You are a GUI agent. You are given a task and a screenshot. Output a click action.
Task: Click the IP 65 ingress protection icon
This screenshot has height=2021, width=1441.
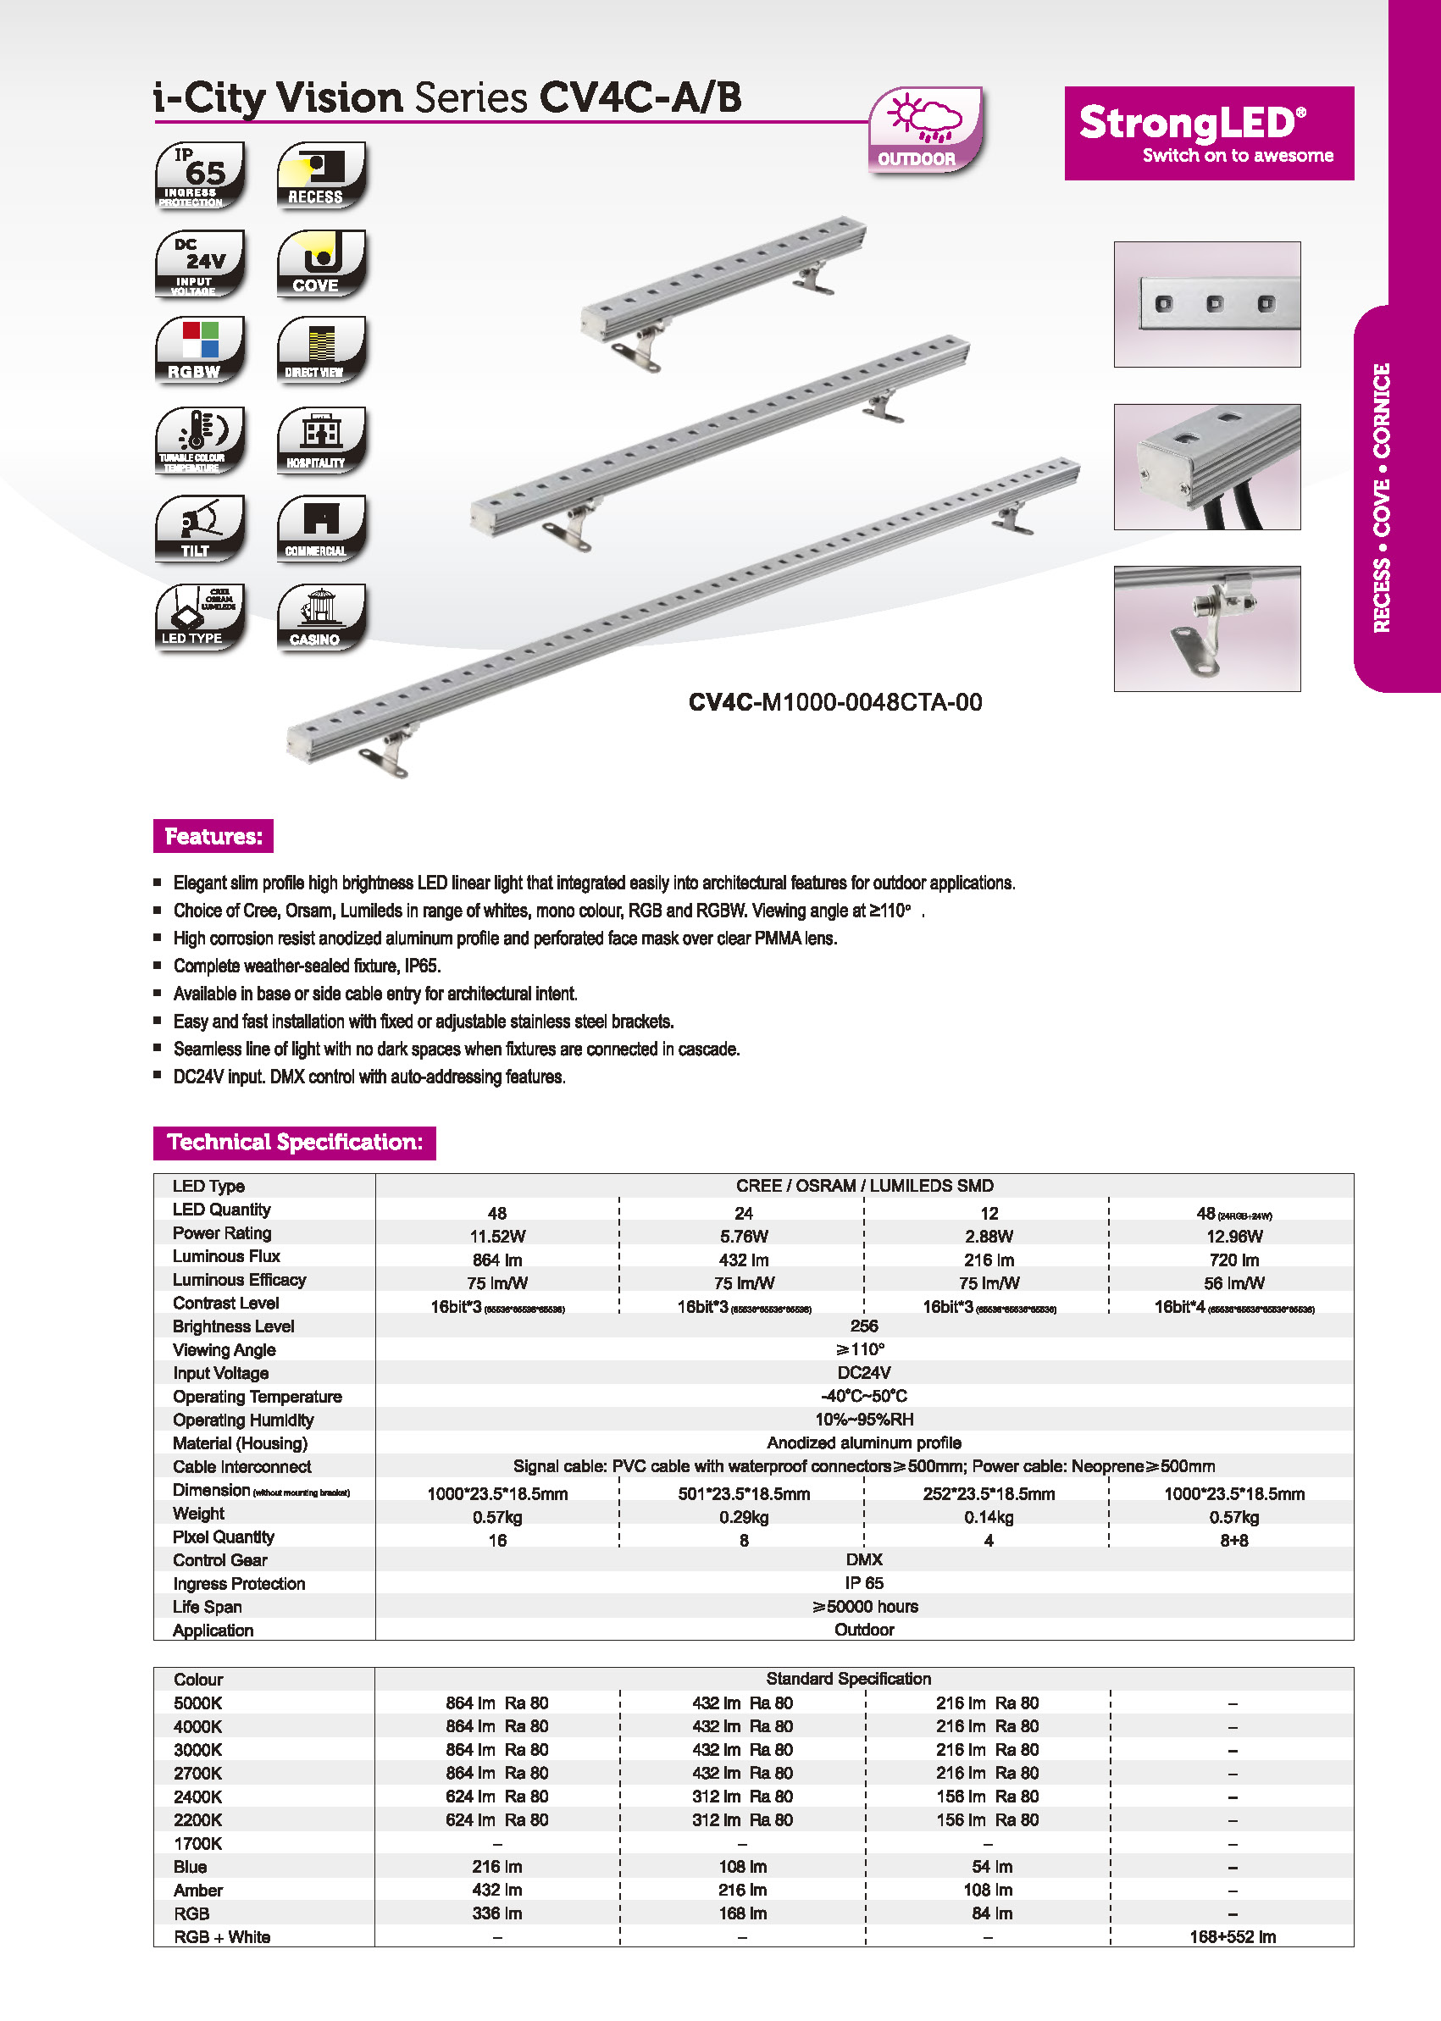(199, 174)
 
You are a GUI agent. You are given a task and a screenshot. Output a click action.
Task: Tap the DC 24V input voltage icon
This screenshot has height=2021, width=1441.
(199, 263)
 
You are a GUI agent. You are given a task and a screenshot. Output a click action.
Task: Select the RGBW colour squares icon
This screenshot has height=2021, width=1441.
(199, 350)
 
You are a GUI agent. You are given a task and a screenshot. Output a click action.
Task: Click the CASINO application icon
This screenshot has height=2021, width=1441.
(320, 617)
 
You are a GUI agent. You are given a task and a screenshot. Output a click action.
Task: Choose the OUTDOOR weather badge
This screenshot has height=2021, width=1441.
(923, 130)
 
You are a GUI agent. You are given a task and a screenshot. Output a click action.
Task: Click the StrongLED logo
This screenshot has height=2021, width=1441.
(1208, 133)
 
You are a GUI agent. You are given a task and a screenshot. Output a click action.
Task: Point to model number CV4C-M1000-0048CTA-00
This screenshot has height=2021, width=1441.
(835, 703)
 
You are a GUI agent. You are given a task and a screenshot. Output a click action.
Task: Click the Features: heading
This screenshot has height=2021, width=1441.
(213, 836)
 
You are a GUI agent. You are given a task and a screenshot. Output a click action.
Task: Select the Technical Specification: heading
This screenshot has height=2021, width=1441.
(294, 1142)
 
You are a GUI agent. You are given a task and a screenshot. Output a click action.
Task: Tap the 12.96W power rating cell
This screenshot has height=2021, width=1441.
(1233, 1237)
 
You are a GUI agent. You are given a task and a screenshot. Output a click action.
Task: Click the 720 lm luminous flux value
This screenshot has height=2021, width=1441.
(1233, 1260)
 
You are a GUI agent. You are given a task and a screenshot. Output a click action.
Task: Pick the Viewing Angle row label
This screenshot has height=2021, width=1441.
(224, 1349)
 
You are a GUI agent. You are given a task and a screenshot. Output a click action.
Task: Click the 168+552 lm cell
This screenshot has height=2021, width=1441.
(1233, 1936)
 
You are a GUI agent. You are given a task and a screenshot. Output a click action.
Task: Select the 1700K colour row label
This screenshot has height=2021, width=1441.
(198, 1844)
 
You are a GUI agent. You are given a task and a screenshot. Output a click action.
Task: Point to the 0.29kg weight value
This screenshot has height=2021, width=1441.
(744, 1517)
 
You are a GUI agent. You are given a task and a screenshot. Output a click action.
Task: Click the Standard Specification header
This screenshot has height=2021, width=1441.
(848, 1679)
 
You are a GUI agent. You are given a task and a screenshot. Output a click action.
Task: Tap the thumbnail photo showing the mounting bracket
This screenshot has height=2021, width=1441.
(1206, 628)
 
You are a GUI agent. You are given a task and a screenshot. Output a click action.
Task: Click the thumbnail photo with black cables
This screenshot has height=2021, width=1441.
(1206, 467)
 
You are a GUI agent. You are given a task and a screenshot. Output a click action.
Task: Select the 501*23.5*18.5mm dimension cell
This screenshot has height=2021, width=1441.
(744, 1494)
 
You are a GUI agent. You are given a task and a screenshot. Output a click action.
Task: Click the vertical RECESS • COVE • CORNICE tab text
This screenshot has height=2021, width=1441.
(1382, 498)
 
